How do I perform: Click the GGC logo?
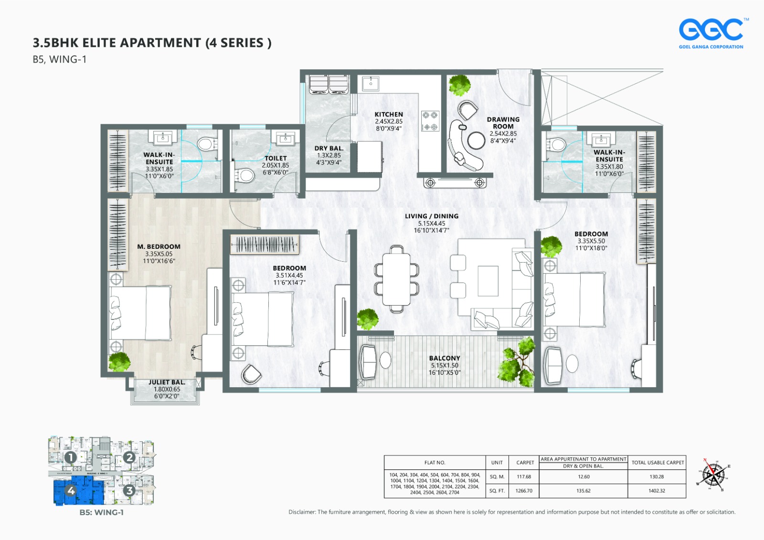[711, 32]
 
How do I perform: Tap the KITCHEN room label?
[388, 115]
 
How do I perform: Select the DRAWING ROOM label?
[503, 123]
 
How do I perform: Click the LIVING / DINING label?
[431, 216]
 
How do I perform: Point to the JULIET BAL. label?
[166, 382]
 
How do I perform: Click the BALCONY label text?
[445, 358]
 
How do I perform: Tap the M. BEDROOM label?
[159, 247]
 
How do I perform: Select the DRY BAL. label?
[329, 148]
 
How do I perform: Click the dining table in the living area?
[396, 279]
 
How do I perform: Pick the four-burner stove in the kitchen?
[430, 121]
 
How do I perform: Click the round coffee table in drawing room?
[476, 140]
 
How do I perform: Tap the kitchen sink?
[371, 83]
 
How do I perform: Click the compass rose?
[713, 475]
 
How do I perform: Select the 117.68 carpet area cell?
[524, 476]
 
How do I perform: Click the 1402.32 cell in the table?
[657, 491]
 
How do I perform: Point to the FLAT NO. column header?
[435, 463]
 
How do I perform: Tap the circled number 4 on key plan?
[71, 490]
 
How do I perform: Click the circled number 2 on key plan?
[129, 457]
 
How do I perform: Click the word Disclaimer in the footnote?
[302, 512]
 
